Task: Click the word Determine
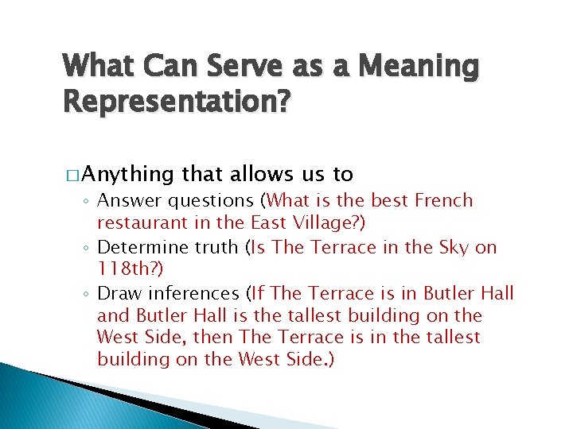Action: (x=144, y=247)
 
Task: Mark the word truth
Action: (x=217, y=247)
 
